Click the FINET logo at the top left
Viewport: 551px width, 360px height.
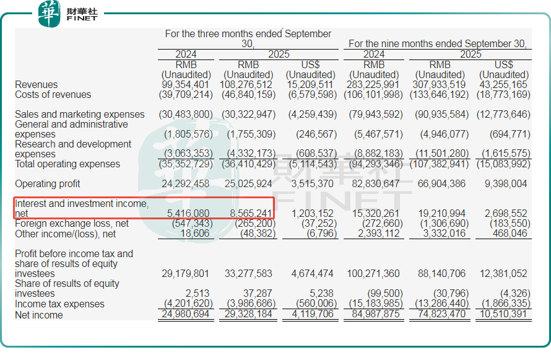pyautogui.click(x=68, y=14)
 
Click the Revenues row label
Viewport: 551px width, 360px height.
pyautogui.click(x=37, y=85)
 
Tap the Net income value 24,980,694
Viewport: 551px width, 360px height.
pyautogui.click(x=185, y=315)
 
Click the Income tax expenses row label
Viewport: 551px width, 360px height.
pyautogui.click(x=59, y=304)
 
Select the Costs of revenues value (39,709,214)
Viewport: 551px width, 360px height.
pyautogui.click(x=185, y=95)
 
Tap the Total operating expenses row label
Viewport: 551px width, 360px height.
pyautogui.click(x=67, y=164)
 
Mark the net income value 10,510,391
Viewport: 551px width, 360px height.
pyautogui.click(x=503, y=315)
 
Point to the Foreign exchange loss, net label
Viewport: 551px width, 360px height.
pyautogui.click(x=72, y=224)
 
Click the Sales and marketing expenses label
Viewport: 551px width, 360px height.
pyautogui.click(x=79, y=115)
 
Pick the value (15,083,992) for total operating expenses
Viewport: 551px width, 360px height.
pyautogui.click(x=503, y=164)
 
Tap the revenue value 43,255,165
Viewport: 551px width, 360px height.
pyautogui.click(x=503, y=85)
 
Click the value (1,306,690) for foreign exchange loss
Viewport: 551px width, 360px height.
pyautogui.click(x=440, y=224)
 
